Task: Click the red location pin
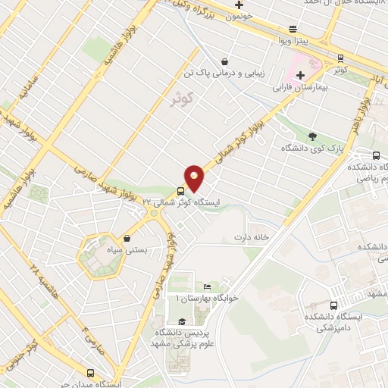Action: (x=195, y=177)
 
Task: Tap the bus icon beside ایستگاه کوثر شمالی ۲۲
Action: (x=180, y=190)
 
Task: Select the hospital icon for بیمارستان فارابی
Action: (x=301, y=75)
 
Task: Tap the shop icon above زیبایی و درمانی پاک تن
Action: (x=224, y=61)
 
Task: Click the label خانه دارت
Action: (x=252, y=237)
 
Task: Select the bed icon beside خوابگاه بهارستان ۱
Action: (x=207, y=286)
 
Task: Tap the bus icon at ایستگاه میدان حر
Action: (x=91, y=373)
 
